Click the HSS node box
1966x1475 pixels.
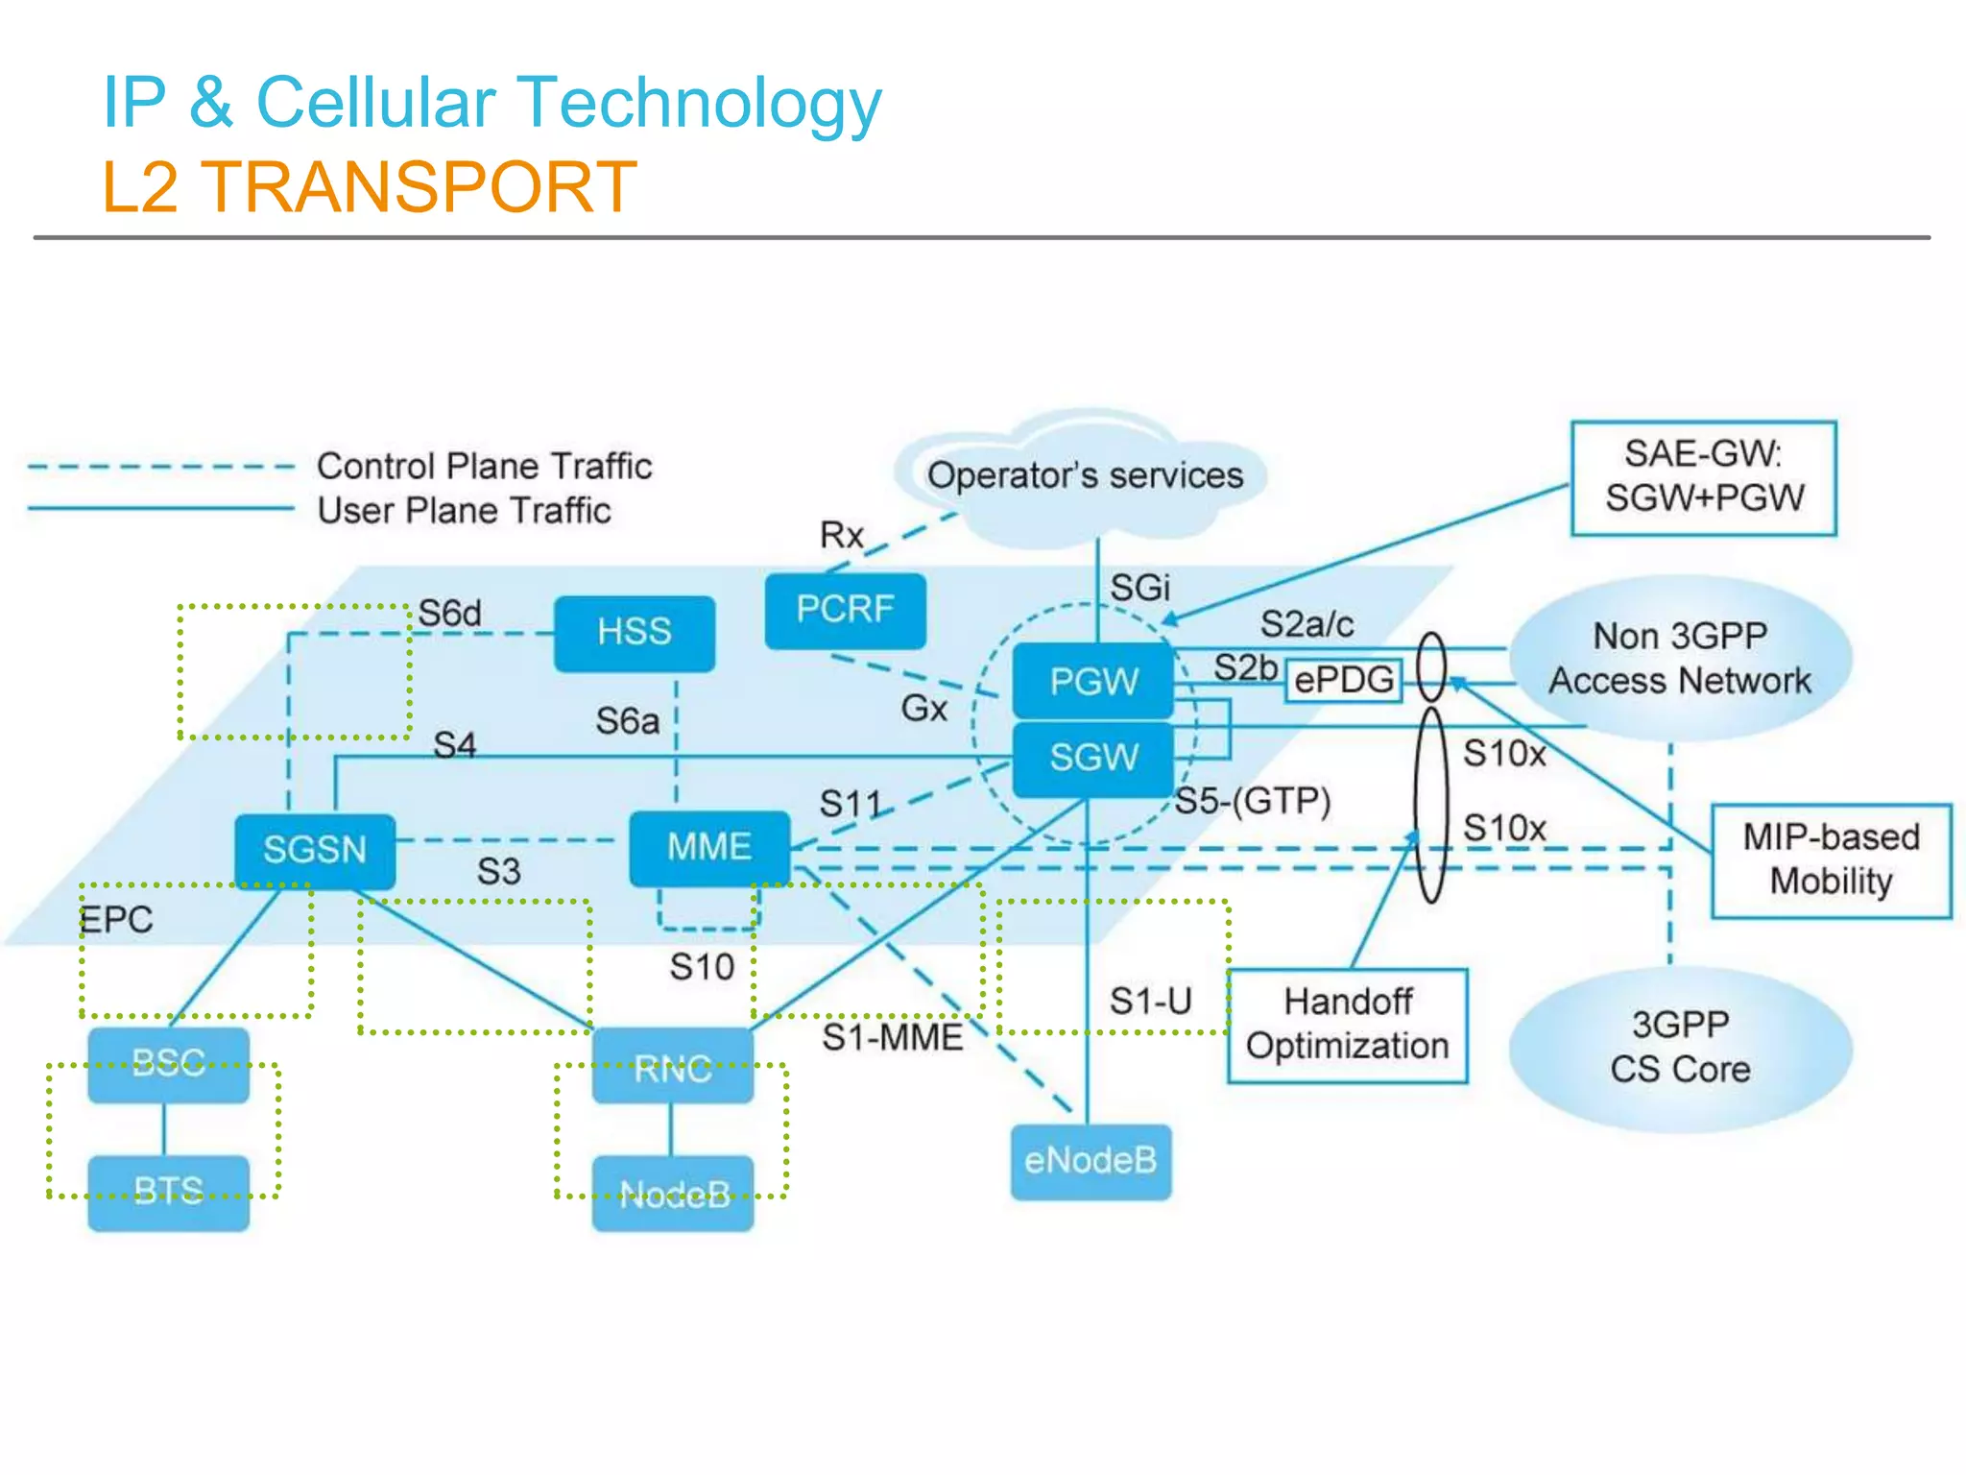[634, 633]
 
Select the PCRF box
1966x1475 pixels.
[845, 610]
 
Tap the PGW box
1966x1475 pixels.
[1093, 682]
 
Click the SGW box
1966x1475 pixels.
[1093, 758]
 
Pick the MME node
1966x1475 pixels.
[709, 848]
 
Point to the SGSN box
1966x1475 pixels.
[315, 851]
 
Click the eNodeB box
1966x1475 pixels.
[1091, 1161]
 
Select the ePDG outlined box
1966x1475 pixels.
[1343, 680]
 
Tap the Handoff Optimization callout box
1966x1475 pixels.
[1347, 1025]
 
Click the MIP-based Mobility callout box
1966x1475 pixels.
[1831, 860]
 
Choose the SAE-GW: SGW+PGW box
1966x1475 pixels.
[1703, 477]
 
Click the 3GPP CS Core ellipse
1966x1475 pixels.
[1680, 1049]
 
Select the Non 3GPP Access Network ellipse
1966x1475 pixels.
[1680, 659]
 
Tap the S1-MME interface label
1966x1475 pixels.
[892, 1037]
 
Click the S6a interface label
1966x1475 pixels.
[627, 721]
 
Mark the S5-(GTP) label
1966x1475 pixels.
[1253, 800]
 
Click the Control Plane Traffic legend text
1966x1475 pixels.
[484, 467]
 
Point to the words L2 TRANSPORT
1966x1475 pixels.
[370, 187]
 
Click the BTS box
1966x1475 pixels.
[168, 1192]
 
